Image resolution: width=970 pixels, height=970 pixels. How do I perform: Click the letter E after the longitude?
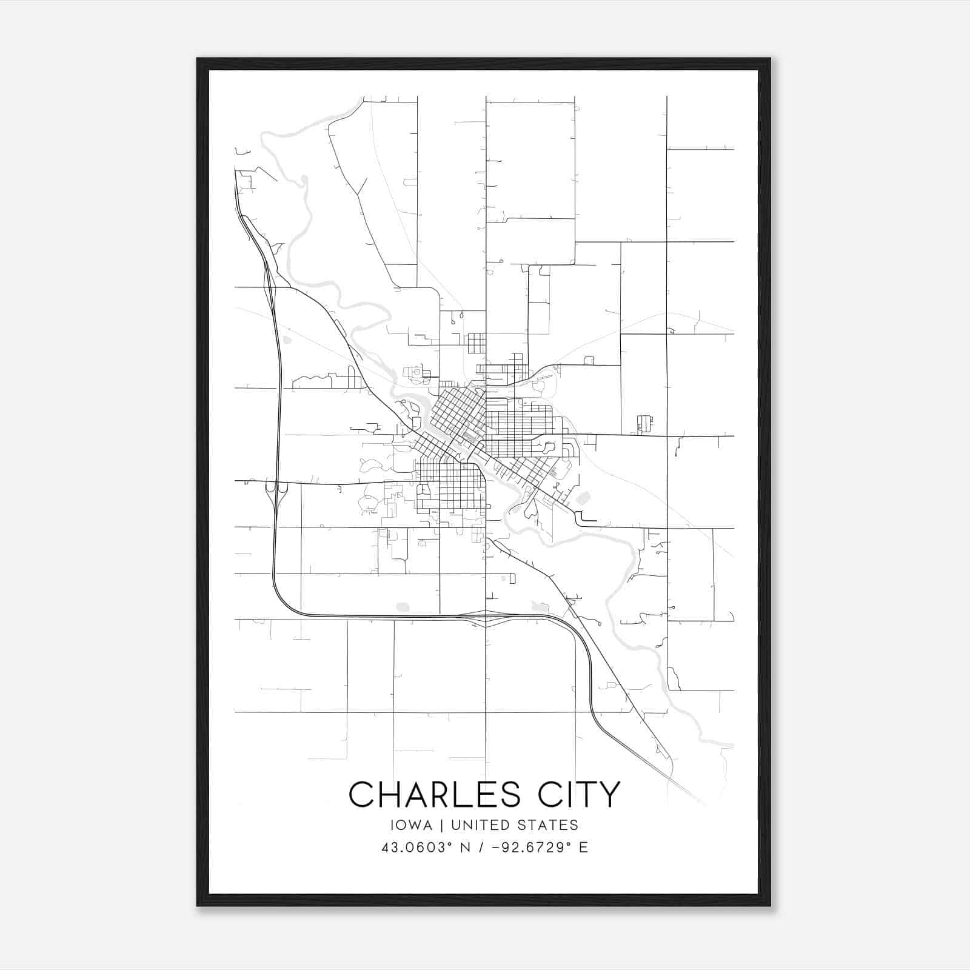583,847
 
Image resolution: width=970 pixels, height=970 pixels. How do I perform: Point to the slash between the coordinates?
481,847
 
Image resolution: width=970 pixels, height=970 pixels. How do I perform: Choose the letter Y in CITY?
610,794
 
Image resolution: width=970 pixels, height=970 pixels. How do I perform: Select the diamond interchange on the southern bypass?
486,618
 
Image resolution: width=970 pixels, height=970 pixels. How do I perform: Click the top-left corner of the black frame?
198,59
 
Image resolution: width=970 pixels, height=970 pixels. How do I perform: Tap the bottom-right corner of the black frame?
770,906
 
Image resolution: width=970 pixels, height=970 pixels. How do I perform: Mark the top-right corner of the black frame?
770,59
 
